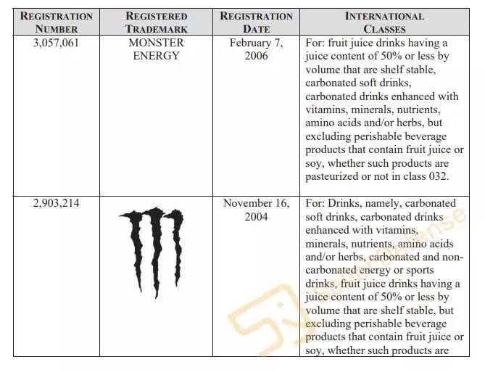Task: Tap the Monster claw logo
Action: (x=152, y=250)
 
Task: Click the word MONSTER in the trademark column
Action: (x=157, y=43)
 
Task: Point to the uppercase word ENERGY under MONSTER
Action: (x=156, y=56)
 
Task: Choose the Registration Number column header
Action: (x=56, y=22)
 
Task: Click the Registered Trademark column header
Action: (x=156, y=22)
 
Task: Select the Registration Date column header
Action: (x=256, y=22)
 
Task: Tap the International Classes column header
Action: (x=384, y=22)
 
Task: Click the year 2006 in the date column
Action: (x=256, y=56)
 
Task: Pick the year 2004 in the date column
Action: (x=256, y=216)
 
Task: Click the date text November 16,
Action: (x=256, y=203)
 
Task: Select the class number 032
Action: (x=437, y=176)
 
